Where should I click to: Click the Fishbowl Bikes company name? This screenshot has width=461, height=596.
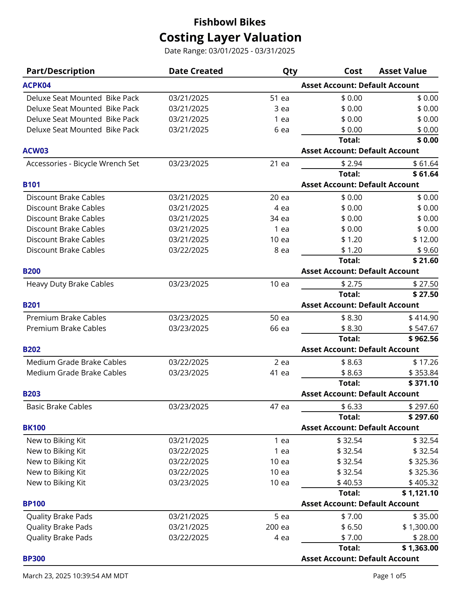tap(229, 22)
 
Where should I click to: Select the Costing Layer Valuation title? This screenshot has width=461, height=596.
tap(230, 37)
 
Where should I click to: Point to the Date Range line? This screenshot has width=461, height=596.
tap(229, 51)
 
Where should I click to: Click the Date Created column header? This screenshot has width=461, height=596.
tap(195, 71)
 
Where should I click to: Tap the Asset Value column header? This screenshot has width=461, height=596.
tap(402, 71)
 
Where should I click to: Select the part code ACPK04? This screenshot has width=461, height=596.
tap(37, 85)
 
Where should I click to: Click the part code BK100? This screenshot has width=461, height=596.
tap(34, 428)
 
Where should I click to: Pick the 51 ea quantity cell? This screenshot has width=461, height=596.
tap(279, 98)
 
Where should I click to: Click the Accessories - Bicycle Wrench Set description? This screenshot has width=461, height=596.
tap(82, 164)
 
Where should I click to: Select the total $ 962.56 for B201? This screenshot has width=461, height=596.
tap(423, 339)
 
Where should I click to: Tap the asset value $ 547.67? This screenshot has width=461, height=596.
tap(423, 328)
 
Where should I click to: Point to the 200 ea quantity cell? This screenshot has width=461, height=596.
tap(277, 527)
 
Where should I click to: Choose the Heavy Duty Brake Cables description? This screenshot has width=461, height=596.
tap(70, 284)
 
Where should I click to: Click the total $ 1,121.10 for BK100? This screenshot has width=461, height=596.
tap(420, 493)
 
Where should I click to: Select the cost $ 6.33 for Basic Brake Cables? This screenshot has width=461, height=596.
tap(351, 407)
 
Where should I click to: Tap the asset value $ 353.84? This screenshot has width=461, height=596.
tap(423, 373)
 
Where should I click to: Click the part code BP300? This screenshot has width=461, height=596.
tap(34, 559)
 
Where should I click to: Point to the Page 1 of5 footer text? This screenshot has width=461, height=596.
tap(389, 576)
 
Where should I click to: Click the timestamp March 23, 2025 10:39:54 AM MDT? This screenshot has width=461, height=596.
tap(75, 576)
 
